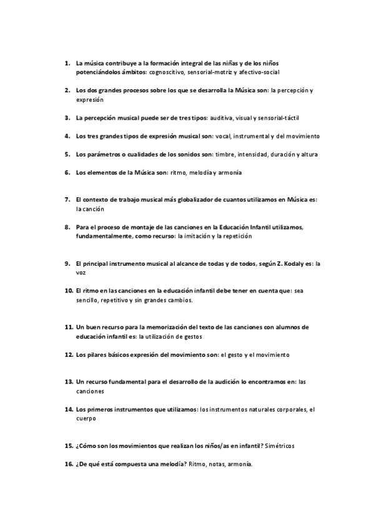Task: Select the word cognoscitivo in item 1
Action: pyautogui.click(x=167, y=72)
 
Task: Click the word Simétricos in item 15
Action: pyautogui.click(x=279, y=447)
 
